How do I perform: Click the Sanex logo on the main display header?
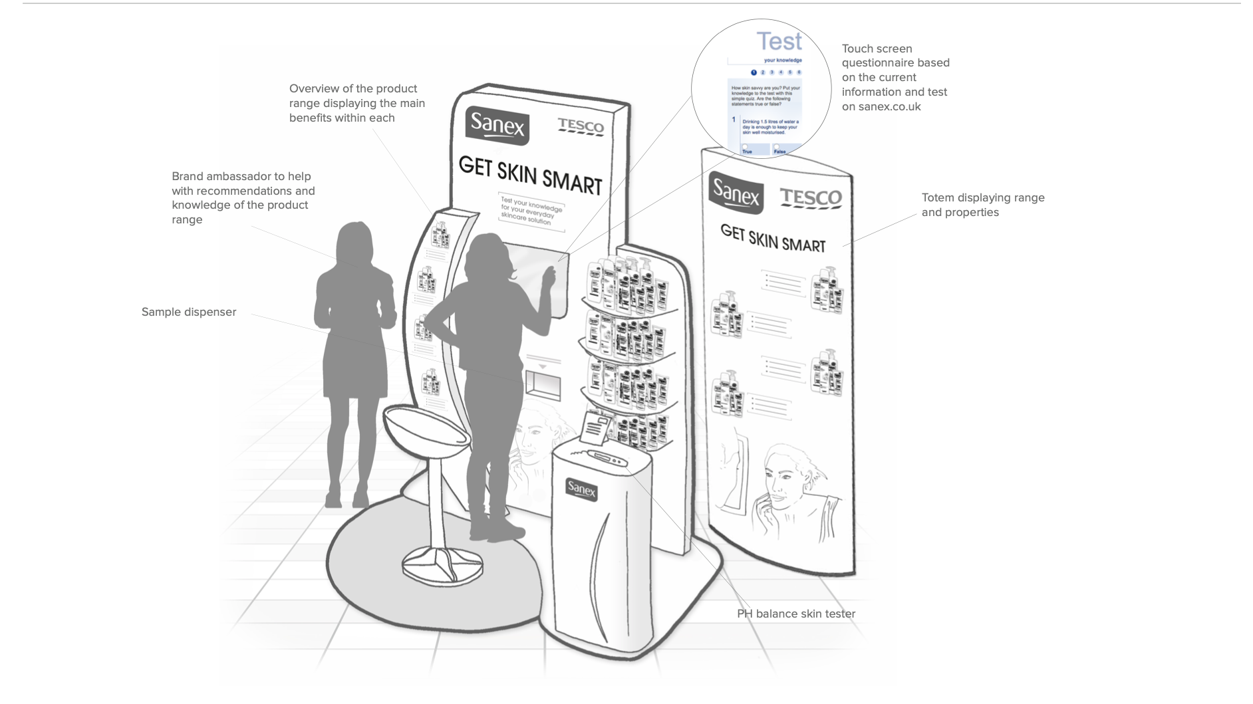pyautogui.click(x=497, y=125)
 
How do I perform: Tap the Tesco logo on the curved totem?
pyautogui.click(x=811, y=197)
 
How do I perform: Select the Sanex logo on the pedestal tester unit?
pyautogui.click(x=581, y=489)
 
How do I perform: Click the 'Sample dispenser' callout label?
pyautogui.click(x=189, y=312)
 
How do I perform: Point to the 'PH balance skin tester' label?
pyautogui.click(x=796, y=614)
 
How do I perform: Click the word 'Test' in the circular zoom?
pyautogui.click(x=779, y=42)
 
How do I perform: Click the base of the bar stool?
pyautogui.click(x=442, y=564)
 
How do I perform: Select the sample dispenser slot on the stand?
pyautogui.click(x=543, y=385)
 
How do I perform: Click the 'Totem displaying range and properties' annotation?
pyautogui.click(x=983, y=205)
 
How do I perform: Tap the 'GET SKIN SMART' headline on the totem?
pyautogui.click(x=773, y=238)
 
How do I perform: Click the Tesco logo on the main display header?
pyautogui.click(x=581, y=126)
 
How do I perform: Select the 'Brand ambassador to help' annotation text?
pyautogui.click(x=243, y=197)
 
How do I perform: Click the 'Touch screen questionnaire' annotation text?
pyautogui.click(x=895, y=77)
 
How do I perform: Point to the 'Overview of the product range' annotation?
pyautogui.click(x=357, y=103)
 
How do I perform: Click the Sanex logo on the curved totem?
pyautogui.click(x=736, y=193)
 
